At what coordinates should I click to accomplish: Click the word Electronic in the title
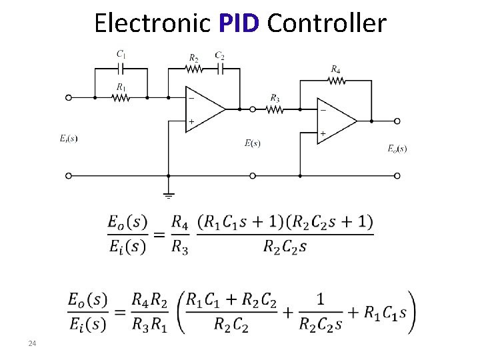(152, 23)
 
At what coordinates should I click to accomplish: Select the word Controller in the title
(326, 23)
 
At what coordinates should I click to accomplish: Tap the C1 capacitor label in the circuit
(121, 54)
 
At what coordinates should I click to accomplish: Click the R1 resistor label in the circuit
(121, 87)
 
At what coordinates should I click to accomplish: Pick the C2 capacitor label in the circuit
(219, 55)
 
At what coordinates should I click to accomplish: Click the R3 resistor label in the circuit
(275, 98)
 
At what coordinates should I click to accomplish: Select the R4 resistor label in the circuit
(336, 69)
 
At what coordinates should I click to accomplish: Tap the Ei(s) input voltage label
(69, 139)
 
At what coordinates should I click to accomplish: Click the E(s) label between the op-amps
(252, 143)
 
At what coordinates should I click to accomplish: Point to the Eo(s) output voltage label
(397, 149)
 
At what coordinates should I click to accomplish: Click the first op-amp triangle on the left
(203, 109)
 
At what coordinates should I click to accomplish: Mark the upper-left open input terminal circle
(68, 97)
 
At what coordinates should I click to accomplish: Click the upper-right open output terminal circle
(397, 121)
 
